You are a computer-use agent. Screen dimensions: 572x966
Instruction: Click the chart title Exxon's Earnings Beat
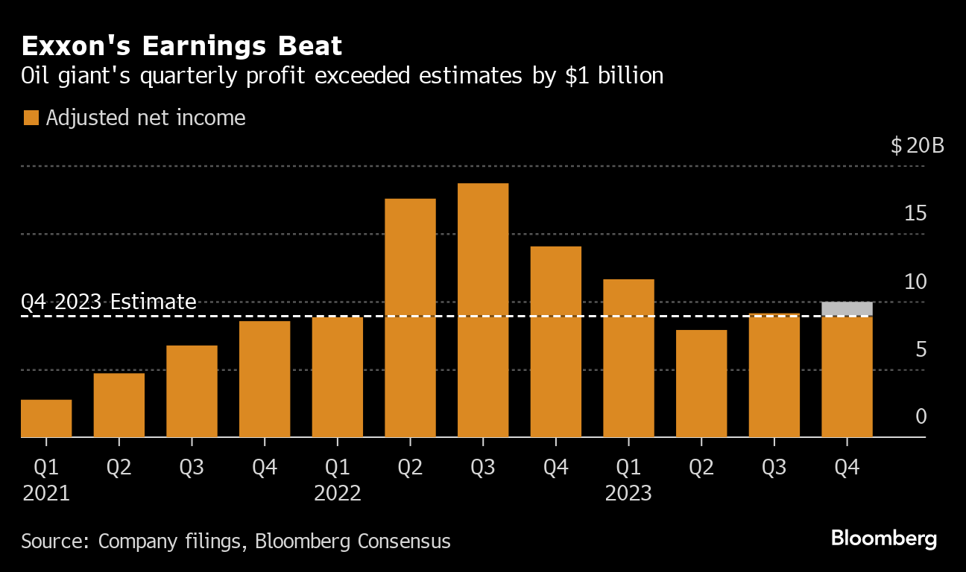(182, 46)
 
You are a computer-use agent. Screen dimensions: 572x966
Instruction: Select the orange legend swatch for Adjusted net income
(31, 118)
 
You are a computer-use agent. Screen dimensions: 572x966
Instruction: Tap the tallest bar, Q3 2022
(483, 310)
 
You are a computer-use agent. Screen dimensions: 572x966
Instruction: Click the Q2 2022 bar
(410, 317)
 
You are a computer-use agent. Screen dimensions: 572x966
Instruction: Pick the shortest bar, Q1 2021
(46, 419)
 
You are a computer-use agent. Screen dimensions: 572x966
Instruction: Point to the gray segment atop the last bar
(847, 309)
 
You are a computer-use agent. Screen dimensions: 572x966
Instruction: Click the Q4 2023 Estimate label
(109, 302)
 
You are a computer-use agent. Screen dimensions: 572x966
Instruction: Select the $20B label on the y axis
(917, 145)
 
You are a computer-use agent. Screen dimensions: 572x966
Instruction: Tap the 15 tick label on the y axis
(915, 214)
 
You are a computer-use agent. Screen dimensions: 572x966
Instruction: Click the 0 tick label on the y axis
(921, 416)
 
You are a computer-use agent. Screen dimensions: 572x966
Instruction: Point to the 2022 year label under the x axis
(338, 493)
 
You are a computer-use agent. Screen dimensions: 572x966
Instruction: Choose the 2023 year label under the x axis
(628, 493)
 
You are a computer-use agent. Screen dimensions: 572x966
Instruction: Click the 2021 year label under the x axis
(46, 493)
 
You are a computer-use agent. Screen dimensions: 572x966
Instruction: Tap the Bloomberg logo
(884, 538)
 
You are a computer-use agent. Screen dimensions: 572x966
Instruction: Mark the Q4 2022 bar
(555, 341)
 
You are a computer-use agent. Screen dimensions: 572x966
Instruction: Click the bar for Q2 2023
(701, 383)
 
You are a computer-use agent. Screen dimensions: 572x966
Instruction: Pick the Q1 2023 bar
(628, 357)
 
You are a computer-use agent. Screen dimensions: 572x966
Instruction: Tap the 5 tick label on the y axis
(921, 349)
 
